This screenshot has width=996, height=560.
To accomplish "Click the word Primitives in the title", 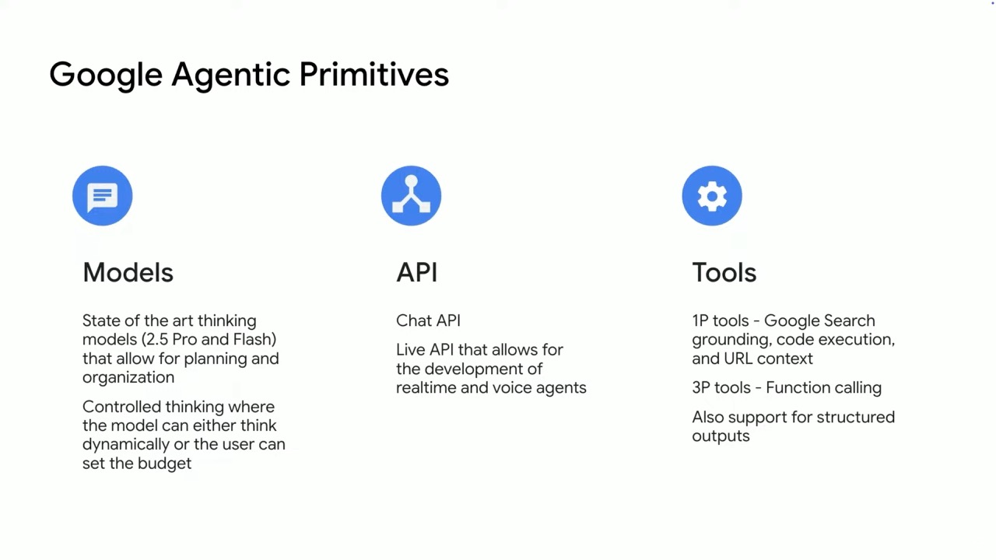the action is click(374, 74).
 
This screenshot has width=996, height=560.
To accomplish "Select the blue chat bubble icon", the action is click(102, 195).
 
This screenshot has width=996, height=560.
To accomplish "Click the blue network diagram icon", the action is click(411, 195).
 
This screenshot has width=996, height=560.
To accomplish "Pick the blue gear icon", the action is click(712, 195).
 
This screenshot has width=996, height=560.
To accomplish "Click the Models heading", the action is click(128, 272).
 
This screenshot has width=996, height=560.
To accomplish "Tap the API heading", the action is click(416, 272).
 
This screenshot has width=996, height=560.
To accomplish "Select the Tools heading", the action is click(724, 272).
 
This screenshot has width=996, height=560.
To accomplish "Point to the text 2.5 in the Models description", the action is click(157, 340).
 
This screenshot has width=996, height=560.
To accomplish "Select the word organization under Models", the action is click(128, 378).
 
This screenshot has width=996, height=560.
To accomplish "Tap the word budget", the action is click(164, 464).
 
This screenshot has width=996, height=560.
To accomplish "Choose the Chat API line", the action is click(428, 321).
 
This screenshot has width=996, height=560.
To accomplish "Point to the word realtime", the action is click(426, 388).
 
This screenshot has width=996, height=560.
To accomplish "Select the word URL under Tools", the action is click(738, 359).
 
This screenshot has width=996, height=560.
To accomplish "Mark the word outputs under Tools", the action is click(721, 436).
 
